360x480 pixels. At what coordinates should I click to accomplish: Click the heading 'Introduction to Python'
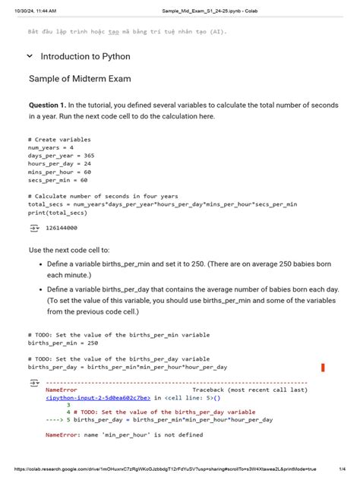pos(85,56)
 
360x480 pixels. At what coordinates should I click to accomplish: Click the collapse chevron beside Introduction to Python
pos(30,56)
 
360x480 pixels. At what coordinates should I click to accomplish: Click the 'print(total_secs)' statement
pos(58,213)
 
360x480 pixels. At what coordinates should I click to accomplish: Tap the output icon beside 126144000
pos(33,227)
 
